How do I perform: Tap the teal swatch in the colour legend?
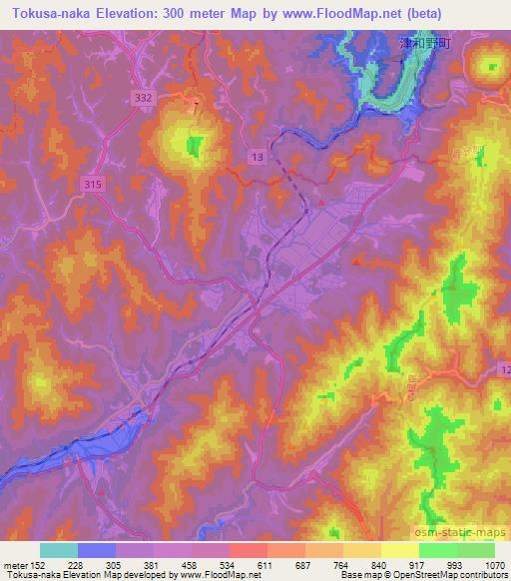[x=59, y=550]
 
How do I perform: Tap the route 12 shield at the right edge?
[x=504, y=371]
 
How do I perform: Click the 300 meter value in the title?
[x=190, y=13]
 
